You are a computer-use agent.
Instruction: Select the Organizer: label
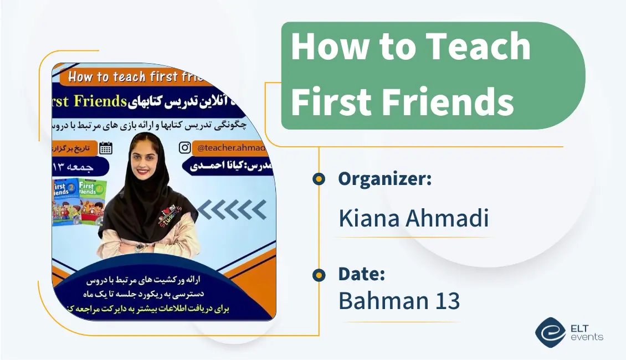tap(384, 179)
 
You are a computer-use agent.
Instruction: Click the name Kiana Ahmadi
tap(414, 218)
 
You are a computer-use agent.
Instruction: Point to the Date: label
tap(362, 274)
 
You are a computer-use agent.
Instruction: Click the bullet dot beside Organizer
tap(319, 178)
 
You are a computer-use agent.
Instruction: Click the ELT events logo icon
tap(550, 331)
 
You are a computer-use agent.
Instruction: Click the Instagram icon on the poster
tap(185, 147)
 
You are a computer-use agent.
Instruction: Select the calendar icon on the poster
tap(105, 147)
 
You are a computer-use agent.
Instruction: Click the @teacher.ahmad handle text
tap(232, 148)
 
